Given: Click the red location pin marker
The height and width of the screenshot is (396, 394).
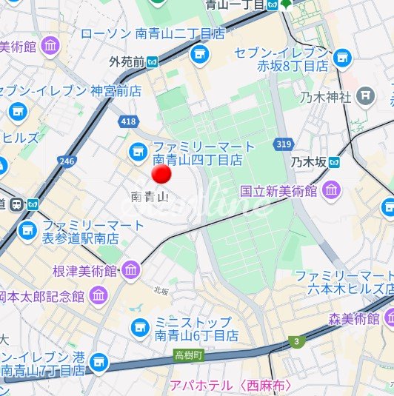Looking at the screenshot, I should coord(161,175).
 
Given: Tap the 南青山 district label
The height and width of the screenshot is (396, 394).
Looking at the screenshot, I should coord(150,197).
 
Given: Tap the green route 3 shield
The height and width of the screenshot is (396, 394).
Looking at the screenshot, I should coord(298,340).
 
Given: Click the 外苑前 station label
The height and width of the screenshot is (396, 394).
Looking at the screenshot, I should coord(127,61).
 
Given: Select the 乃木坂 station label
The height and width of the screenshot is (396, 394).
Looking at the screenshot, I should coord(308,161).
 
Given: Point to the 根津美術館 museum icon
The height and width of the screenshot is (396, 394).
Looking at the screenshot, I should coord(132,272).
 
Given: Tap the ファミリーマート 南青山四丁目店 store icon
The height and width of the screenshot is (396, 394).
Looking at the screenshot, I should coord(137,152).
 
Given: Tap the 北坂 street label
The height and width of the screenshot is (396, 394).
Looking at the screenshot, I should coord(161,292).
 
